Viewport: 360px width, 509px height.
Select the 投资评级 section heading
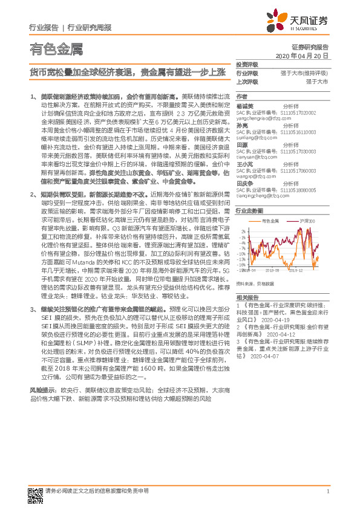[x=247, y=64]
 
